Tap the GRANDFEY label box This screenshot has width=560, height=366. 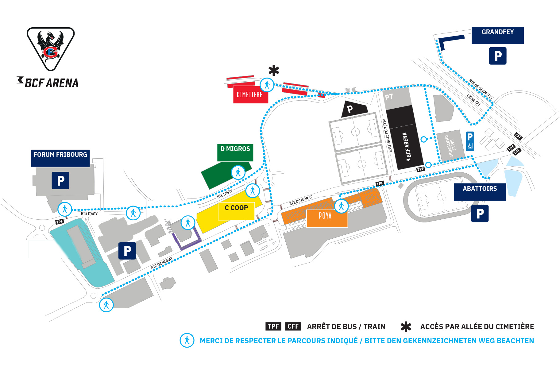point(497,35)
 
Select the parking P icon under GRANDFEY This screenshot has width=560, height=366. point(497,56)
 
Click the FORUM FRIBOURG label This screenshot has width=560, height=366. point(60,158)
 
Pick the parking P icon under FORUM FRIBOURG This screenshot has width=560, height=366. point(60,180)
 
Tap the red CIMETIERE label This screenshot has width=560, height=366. point(250,95)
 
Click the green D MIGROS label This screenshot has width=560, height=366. point(235,152)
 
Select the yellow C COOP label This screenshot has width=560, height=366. point(236,211)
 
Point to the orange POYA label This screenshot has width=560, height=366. point(326,218)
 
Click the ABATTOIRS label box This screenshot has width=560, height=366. point(480,192)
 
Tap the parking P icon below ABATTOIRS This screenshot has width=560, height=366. point(480,214)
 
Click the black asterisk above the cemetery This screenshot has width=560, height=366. point(274,71)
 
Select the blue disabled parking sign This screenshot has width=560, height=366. point(470,141)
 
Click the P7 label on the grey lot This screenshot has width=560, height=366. point(389,97)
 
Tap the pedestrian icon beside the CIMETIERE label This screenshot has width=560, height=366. point(267,85)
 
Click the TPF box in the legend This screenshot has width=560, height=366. point(273,326)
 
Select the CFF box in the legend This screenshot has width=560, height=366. point(293,326)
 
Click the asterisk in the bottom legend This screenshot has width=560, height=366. point(406,327)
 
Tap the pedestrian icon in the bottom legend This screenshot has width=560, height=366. point(187,340)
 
